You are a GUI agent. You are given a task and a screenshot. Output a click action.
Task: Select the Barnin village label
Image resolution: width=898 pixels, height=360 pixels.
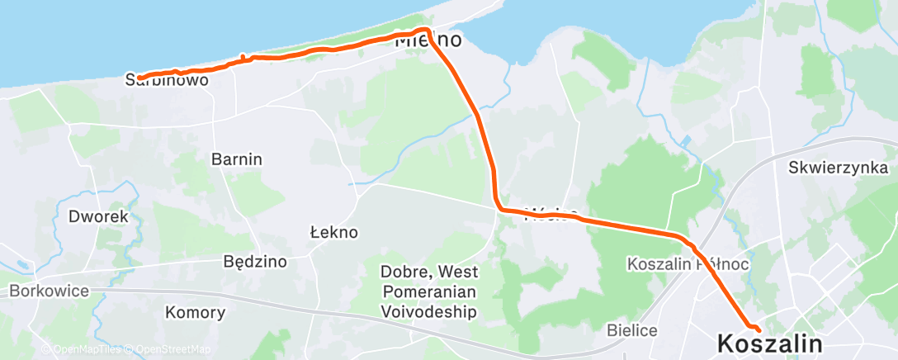point(237,159)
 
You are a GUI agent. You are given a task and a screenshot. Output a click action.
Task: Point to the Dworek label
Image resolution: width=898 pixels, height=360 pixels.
point(99,217)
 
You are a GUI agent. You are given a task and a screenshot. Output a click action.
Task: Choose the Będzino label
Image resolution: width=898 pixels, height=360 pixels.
point(255,263)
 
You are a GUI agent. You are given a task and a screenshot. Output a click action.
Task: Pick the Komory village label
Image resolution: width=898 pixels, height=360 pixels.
point(196,313)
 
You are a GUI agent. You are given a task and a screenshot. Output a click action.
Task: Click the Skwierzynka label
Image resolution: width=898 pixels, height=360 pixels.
point(837,168)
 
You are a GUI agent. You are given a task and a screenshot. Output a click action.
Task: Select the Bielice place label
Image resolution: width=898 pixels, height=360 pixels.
point(631,330)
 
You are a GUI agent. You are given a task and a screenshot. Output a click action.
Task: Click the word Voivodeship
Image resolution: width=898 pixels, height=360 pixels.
point(429,312)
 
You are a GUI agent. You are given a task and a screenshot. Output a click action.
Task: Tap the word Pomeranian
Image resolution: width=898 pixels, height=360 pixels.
point(429,291)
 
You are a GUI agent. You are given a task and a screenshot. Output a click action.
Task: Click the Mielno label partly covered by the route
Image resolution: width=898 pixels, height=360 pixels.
point(428,40)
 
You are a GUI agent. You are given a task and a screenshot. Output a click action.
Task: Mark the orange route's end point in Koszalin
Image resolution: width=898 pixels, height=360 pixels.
point(758,331)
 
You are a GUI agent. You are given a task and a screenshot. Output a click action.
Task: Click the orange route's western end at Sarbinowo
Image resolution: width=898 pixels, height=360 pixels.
point(139,78)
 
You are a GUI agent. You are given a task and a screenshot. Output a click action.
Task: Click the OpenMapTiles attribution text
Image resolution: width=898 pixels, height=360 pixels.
point(83,350)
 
